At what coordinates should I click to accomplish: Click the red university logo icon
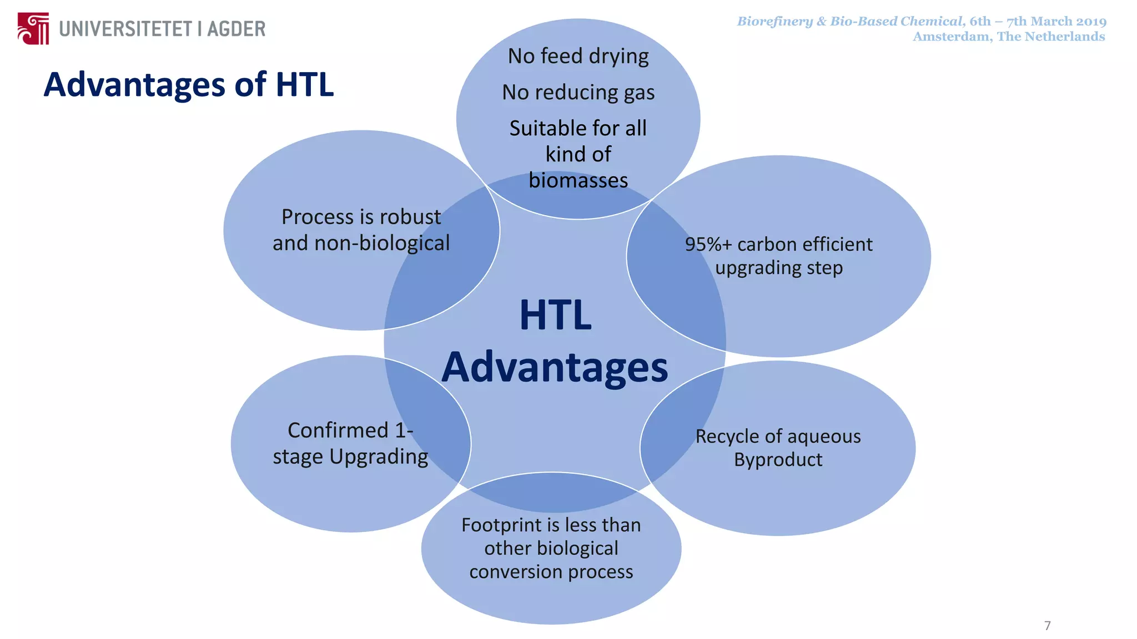coord(33,28)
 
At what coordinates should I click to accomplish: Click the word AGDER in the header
coord(236,29)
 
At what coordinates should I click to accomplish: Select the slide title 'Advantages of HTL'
coord(189,85)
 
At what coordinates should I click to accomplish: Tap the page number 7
coord(1047,626)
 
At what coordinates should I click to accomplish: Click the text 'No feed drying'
coord(578,56)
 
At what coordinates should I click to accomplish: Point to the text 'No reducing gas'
coord(578,92)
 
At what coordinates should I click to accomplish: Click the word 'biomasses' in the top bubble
coord(578,180)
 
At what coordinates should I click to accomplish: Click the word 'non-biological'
coord(382,243)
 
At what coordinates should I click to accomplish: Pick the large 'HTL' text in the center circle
coord(555,315)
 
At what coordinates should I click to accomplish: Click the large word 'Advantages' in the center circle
coord(555,367)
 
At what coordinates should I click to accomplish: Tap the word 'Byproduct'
coord(778,460)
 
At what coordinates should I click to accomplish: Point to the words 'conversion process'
coord(551,572)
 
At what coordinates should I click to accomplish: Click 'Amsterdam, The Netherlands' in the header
coord(1009,37)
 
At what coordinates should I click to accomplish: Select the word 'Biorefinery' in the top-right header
coord(774,22)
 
